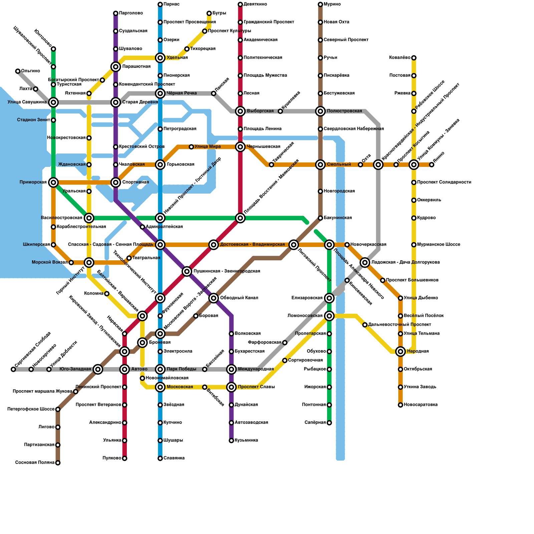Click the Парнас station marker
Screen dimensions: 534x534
click(x=160, y=4)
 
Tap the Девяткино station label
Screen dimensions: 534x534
click(x=255, y=4)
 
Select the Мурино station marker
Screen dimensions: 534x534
click(x=320, y=4)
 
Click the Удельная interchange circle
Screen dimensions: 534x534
click(x=160, y=58)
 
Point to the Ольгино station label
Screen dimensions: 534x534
click(x=30, y=71)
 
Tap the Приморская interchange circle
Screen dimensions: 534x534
click(x=53, y=182)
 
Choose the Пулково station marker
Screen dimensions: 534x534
click(x=124, y=458)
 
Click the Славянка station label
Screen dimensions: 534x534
click(x=174, y=458)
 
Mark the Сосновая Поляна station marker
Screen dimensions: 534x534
click(x=58, y=463)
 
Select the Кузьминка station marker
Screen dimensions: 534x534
click(x=231, y=441)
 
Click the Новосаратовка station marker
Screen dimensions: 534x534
click(x=400, y=405)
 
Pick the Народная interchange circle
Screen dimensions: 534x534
click(x=400, y=351)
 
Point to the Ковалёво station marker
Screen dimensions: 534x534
click(x=414, y=58)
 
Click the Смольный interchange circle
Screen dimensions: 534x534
click(x=320, y=165)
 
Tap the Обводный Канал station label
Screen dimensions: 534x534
click(x=239, y=298)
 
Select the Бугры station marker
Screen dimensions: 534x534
click(x=209, y=13)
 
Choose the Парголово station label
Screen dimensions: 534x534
click(x=131, y=13)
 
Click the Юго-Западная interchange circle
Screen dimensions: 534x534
click(x=98, y=369)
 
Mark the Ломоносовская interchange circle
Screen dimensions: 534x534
click(x=329, y=316)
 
